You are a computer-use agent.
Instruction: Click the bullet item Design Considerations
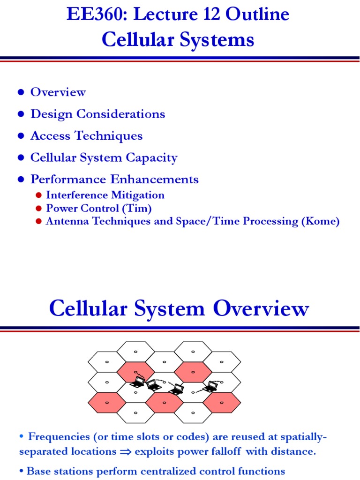[x=97, y=114]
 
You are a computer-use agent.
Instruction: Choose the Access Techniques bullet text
[x=86, y=136]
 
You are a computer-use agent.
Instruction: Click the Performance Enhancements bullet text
[x=114, y=179]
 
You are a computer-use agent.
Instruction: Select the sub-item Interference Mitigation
[x=105, y=195]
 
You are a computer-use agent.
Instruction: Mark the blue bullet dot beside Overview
[x=21, y=92]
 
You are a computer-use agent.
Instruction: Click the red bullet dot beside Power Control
[x=39, y=209]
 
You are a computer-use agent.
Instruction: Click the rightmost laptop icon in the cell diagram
[x=211, y=386]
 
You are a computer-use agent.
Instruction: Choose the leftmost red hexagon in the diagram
[x=107, y=403]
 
